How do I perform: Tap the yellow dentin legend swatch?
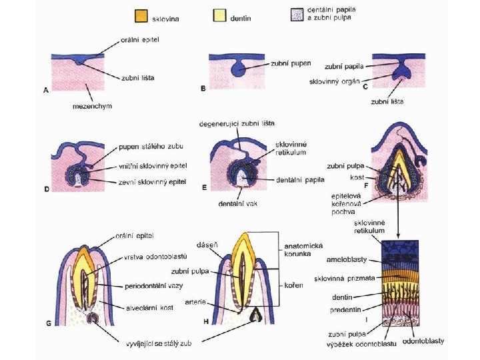219,16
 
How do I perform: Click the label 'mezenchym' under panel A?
92,106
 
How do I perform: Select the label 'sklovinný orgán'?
333,82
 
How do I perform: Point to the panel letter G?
49,323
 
